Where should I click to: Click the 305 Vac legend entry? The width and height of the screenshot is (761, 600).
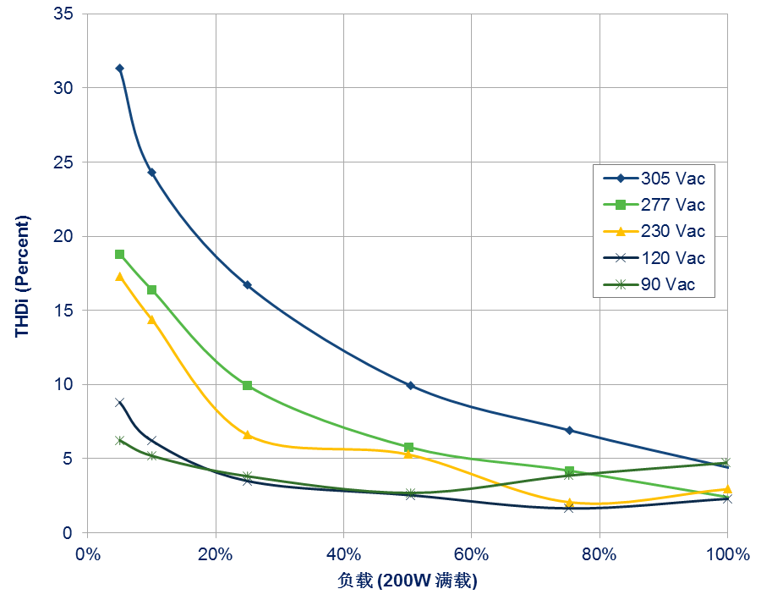[x=654, y=179]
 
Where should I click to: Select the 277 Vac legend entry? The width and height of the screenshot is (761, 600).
[x=654, y=205]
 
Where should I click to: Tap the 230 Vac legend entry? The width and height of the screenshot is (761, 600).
[x=654, y=231]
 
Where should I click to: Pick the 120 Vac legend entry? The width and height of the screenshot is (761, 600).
[x=654, y=257]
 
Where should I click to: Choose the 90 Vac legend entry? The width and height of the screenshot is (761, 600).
[x=649, y=284]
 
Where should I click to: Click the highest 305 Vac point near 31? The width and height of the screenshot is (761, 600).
[x=120, y=68]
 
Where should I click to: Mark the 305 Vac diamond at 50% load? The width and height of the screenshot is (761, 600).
[x=411, y=385]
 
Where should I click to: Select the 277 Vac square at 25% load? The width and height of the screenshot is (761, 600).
[x=248, y=385]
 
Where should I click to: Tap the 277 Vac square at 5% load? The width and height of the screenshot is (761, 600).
[x=120, y=255]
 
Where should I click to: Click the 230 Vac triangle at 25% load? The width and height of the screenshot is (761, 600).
[x=248, y=435]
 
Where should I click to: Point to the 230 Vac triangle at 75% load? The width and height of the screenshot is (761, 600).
[x=569, y=503]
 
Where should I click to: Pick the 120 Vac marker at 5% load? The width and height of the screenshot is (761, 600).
[x=120, y=402]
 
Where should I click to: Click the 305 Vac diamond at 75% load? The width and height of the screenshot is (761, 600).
[x=569, y=430]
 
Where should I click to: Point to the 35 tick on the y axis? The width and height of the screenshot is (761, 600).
[x=63, y=14]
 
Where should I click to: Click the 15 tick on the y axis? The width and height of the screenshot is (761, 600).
[x=63, y=310]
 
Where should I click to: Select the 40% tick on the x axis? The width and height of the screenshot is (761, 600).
[x=343, y=553]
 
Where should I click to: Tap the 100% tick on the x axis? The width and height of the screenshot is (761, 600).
[x=728, y=553]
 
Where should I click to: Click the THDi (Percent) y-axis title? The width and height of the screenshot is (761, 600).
[x=22, y=276]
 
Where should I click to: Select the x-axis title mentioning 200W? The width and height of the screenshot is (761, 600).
[x=408, y=581]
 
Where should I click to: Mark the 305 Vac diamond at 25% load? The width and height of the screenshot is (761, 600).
[x=248, y=284]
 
